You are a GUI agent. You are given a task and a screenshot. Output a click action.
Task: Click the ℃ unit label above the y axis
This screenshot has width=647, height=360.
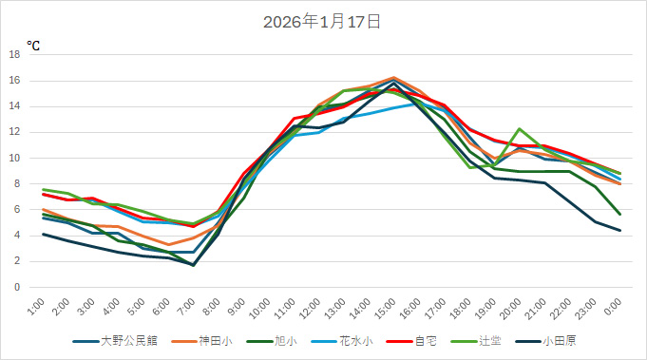pyautogui.click(x=33, y=45)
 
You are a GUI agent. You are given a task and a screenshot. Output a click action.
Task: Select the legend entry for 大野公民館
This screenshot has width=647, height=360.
pyautogui.click(x=121, y=339)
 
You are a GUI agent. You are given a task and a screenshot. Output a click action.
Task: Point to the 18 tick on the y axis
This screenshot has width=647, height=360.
pyautogui.click(x=14, y=55)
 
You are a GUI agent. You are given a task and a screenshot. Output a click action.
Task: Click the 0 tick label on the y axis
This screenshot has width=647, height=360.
pyautogui.click(x=17, y=287)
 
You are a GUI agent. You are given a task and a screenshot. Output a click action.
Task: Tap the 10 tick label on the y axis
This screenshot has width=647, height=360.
pyautogui.click(x=14, y=159)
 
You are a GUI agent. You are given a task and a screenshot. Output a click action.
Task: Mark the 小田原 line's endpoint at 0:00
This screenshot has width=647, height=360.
pyautogui.click(x=619, y=230)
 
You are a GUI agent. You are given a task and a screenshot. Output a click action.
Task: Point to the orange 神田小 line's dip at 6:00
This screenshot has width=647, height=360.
pyautogui.click(x=169, y=244)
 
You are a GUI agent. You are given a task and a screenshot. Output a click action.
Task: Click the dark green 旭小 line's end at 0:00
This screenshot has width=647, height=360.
pyautogui.click(x=619, y=215)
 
